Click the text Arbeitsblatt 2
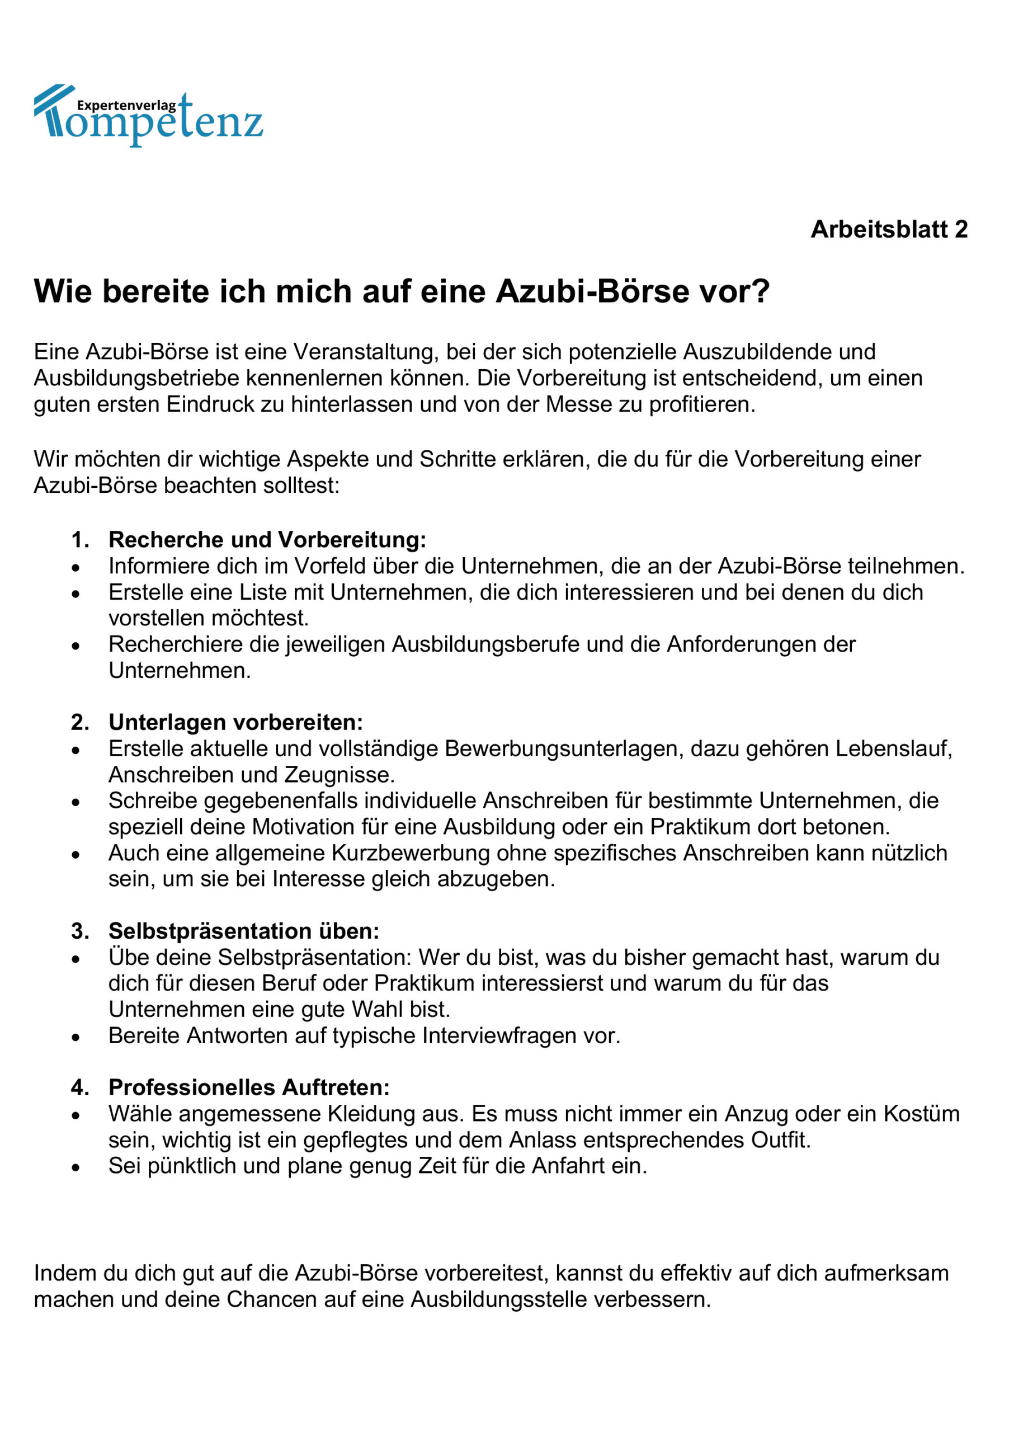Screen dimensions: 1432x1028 point(888,229)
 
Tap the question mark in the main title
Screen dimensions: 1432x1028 point(761,291)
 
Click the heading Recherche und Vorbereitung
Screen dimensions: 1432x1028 point(267,539)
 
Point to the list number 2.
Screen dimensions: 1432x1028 point(79,722)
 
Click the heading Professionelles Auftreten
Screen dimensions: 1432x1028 point(249,1087)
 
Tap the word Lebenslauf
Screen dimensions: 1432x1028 point(893,748)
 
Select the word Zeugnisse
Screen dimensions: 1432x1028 point(339,774)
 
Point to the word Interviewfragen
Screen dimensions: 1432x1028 point(501,1035)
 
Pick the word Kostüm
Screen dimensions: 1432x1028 point(921,1114)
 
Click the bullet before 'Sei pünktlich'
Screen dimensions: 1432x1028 point(76,1167)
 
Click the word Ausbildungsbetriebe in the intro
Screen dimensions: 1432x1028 point(136,378)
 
